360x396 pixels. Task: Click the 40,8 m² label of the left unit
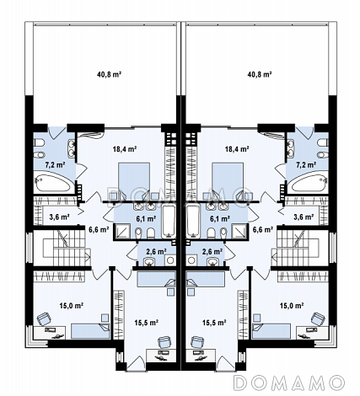coord(109,74)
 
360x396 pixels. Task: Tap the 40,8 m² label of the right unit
coord(260,74)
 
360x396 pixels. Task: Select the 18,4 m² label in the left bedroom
coord(125,149)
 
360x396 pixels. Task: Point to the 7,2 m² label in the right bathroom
coord(305,164)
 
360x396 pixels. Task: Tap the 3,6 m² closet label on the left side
coord(59,217)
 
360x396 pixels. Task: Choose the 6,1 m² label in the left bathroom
coord(146,218)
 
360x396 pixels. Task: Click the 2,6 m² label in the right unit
coord(212,251)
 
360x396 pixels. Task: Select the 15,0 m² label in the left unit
coord(72,305)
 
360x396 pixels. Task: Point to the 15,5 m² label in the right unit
coord(214,323)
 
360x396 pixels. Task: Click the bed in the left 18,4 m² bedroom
coord(134,178)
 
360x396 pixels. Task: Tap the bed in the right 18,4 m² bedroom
coord(228,178)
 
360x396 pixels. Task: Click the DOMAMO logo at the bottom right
coord(289,383)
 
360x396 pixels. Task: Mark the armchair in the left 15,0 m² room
coord(44,319)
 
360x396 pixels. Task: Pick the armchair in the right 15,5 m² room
coord(198,343)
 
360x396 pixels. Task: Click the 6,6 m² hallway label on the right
coord(263,230)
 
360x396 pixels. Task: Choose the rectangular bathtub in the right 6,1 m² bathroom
coord(192,222)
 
